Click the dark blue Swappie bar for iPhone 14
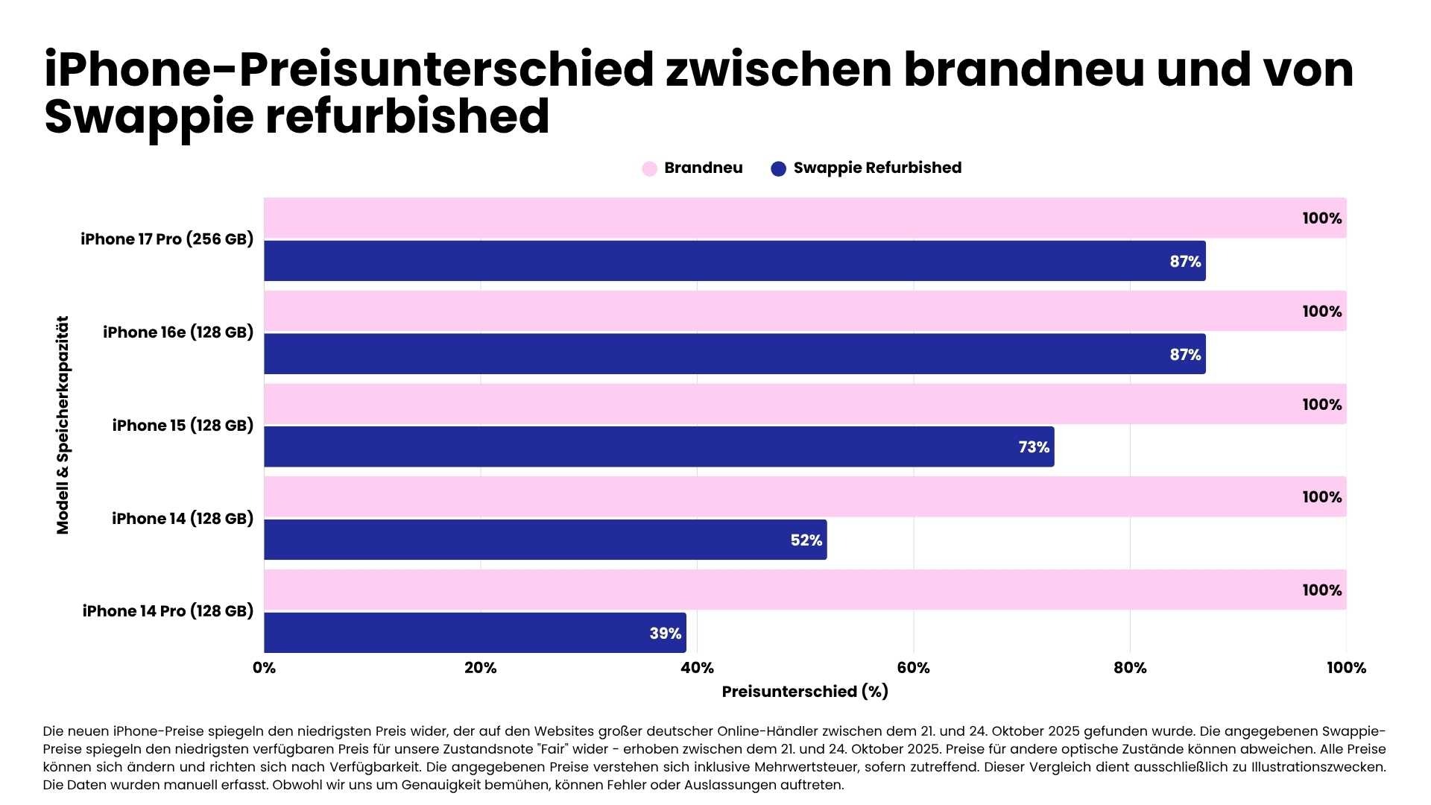coord(544,540)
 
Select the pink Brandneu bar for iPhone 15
coord(805,404)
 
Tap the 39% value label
coord(665,634)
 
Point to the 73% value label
coord(1034,447)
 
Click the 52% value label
coord(806,540)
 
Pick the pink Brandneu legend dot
coord(649,168)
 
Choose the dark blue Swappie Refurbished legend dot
coord(778,168)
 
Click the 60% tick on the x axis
coord(913,668)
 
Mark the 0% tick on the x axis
coord(264,668)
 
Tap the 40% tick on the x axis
coord(697,668)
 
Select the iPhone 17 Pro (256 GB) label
coord(167,239)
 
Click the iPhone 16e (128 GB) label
coord(178,332)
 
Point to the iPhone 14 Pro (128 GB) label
coord(168,611)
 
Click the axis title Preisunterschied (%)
coord(805,692)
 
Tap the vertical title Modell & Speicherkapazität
coord(63,425)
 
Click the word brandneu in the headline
coord(1023,70)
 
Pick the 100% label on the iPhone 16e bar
coord(1321,312)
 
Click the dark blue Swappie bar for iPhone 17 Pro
coord(734,261)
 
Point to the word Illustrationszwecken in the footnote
coord(1318,767)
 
